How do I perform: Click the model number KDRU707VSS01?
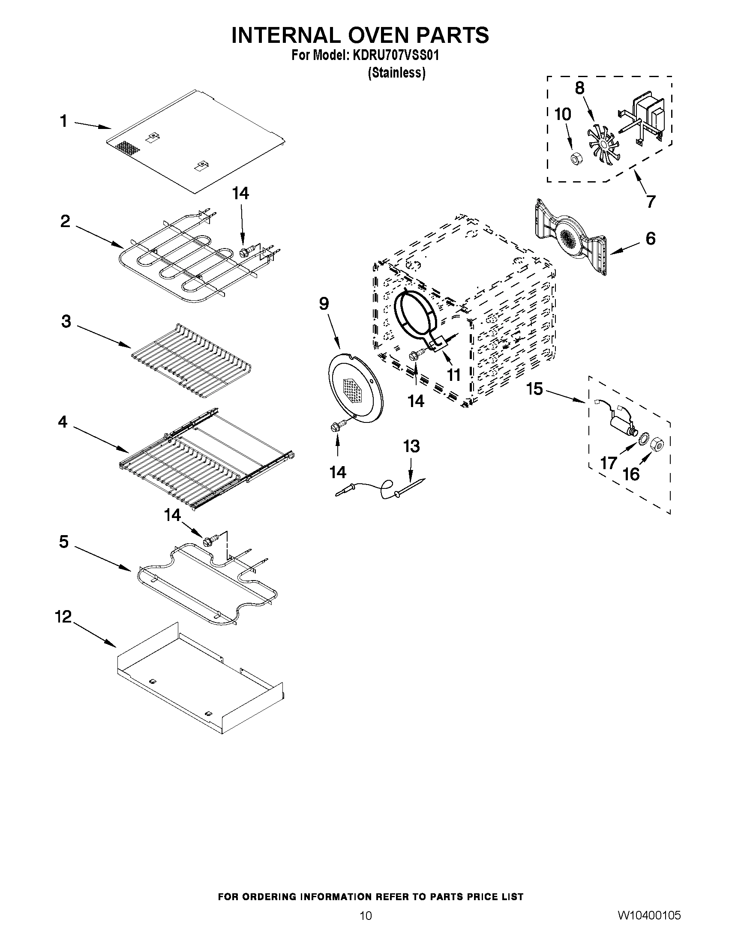pos(393,56)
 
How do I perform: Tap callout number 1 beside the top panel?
pos(64,121)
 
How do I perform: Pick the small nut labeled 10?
pos(575,159)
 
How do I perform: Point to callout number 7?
pos(651,201)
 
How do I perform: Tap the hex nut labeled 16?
pos(657,442)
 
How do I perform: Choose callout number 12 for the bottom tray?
pos(63,617)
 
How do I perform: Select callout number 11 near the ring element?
pos(453,375)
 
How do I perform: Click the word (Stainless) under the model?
pos(396,73)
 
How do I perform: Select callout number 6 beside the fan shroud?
pos(651,238)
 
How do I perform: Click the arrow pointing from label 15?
pos(564,395)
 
